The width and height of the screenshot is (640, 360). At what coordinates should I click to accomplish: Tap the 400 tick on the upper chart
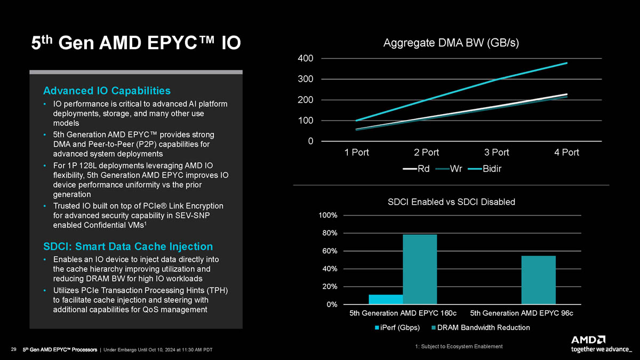[306, 58]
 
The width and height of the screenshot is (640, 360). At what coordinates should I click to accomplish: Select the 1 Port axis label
[357, 153]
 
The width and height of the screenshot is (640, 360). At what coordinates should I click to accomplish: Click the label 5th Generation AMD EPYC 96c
[522, 313]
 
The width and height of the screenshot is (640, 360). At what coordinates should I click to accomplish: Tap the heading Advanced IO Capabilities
[107, 90]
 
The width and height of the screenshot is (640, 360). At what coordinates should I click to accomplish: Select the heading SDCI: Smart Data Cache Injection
[127, 246]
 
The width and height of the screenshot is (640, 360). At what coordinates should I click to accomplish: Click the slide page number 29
[14, 349]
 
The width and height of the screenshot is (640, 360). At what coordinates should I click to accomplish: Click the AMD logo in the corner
[588, 340]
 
